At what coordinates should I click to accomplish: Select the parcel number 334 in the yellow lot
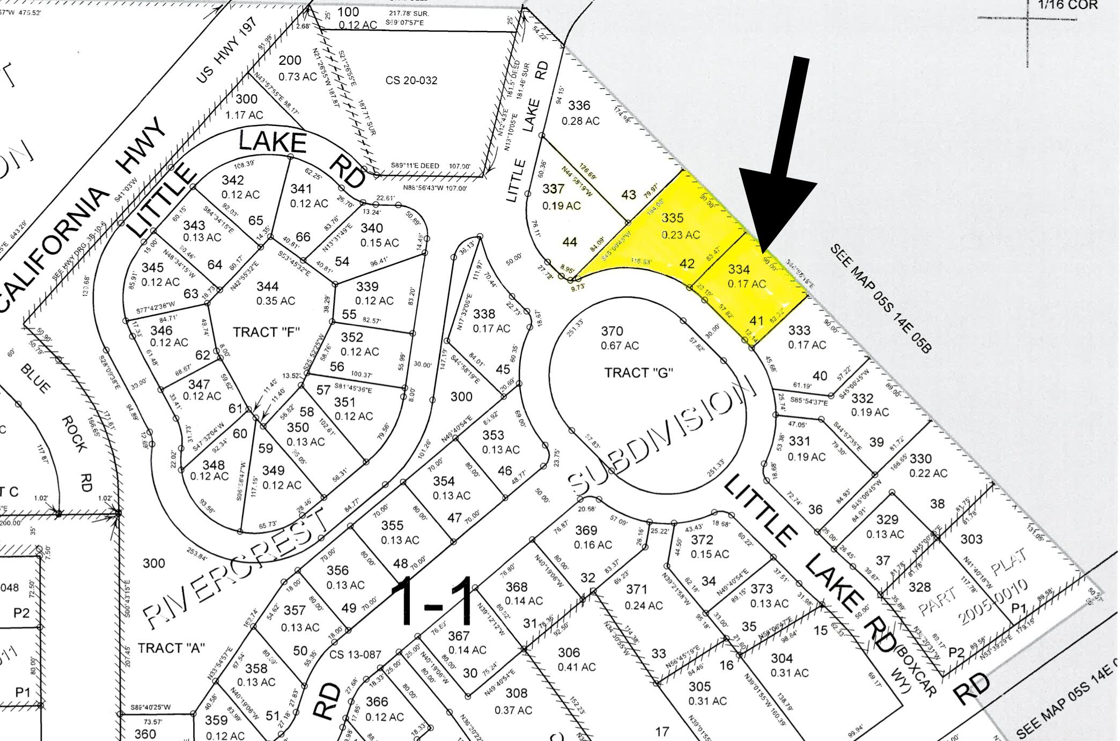coord(739,270)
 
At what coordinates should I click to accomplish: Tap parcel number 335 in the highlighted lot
coord(673,218)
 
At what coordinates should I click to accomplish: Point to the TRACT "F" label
coord(266,332)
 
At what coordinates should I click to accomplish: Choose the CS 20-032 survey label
coord(411,80)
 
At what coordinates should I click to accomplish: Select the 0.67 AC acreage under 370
coord(620,346)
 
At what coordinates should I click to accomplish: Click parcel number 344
coord(267,286)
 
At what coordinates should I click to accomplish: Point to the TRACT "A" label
coord(172,648)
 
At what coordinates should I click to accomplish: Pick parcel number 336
coord(579,106)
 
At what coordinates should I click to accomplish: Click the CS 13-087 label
coord(355,655)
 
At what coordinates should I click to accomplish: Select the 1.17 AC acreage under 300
coord(245,115)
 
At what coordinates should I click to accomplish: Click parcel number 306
coord(569,653)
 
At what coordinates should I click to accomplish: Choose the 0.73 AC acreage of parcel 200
coord(298,77)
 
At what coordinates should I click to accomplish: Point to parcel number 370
coord(611,331)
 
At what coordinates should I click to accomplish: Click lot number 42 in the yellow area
coord(687,263)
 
